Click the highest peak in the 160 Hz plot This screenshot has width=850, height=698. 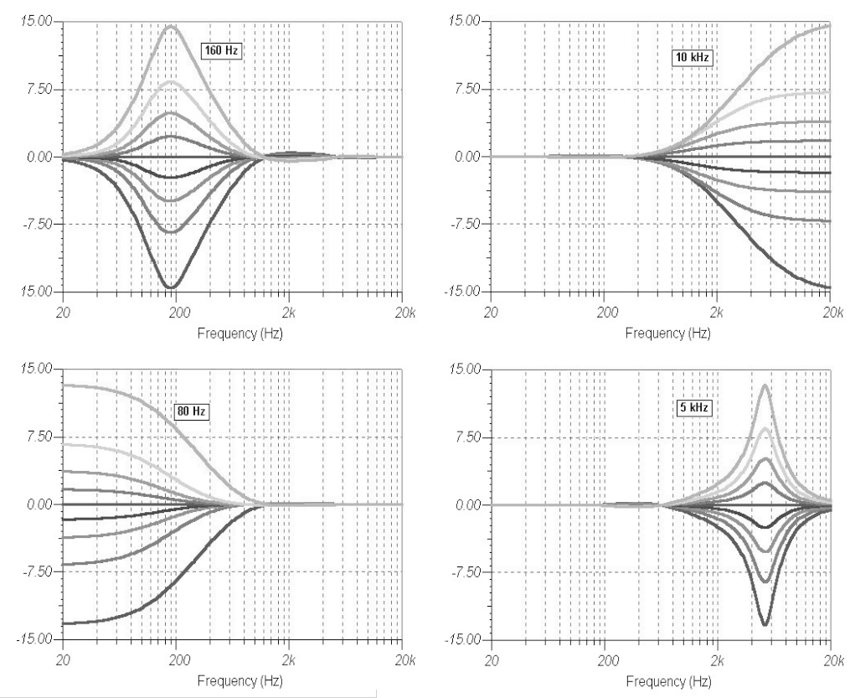[x=171, y=26]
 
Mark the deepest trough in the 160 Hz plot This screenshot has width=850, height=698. [x=171, y=287]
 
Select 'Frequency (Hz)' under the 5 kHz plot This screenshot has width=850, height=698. [x=662, y=679]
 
